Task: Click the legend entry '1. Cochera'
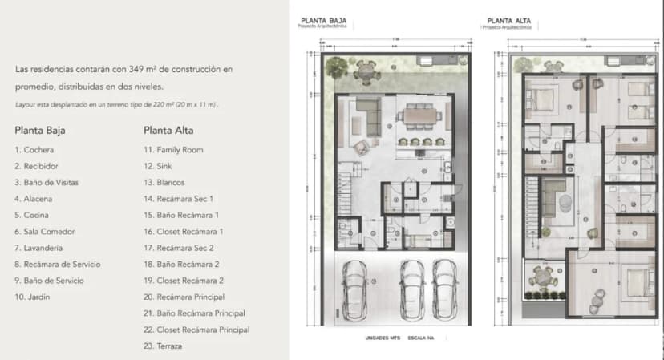click(x=34, y=150)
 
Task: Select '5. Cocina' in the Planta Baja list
click(x=32, y=215)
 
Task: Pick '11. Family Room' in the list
click(x=173, y=150)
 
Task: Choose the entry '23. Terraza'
click(x=163, y=346)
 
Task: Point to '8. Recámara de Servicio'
click(x=55, y=264)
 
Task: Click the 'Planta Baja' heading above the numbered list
click(x=39, y=129)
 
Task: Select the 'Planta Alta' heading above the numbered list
click(x=168, y=129)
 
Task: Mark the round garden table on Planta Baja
click(x=366, y=72)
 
